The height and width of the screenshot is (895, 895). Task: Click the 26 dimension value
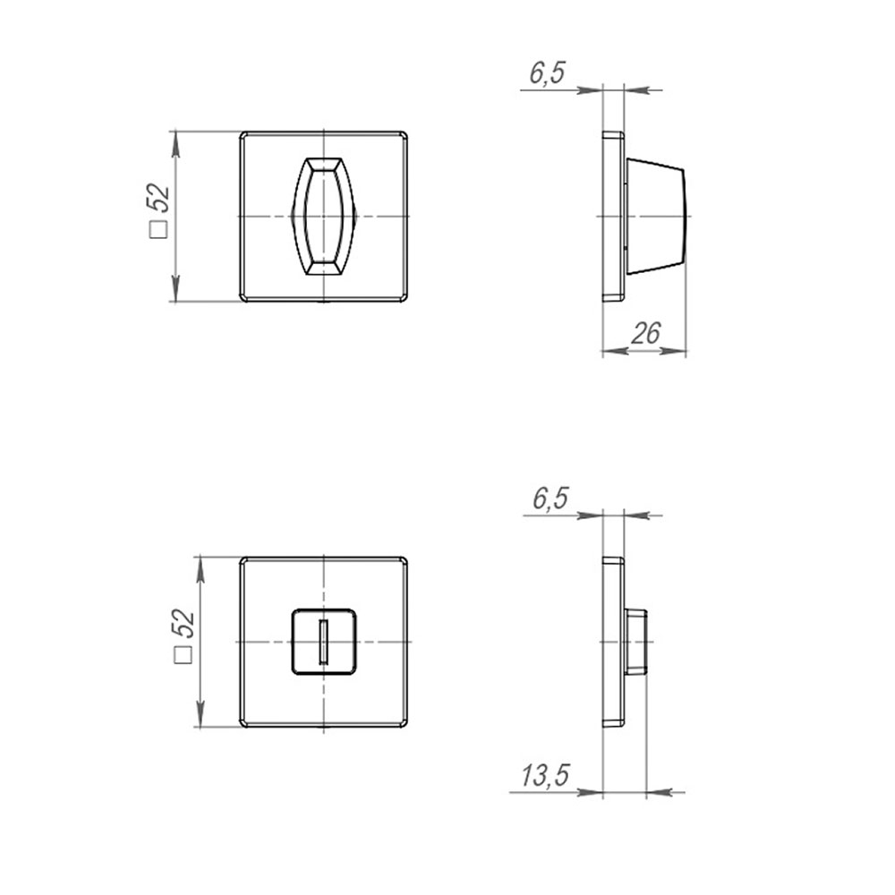pos(645,333)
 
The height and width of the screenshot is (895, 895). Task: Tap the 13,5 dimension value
pos(545,776)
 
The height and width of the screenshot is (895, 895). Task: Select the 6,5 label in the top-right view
pos(547,73)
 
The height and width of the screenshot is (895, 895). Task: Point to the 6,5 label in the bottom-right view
pos(550,499)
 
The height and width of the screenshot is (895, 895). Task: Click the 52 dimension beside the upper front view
pos(159,199)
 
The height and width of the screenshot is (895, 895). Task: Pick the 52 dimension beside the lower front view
pos(183,624)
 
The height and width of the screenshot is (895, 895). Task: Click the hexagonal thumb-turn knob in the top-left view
pos(324,217)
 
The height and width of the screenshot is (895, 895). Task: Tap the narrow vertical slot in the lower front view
pos(324,642)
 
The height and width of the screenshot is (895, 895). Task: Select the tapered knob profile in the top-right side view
pos(655,217)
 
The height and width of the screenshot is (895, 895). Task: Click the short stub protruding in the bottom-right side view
pos(635,642)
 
